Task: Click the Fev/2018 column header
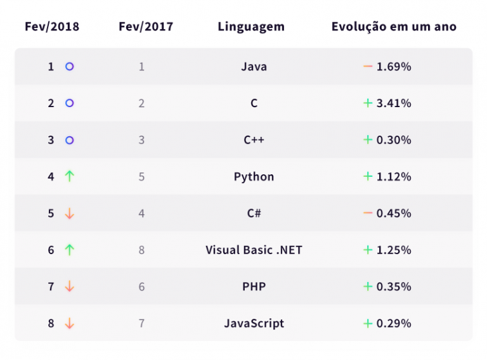click(52, 27)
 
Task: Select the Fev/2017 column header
click(145, 27)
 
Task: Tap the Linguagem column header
click(251, 27)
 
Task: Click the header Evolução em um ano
click(394, 27)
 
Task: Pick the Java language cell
click(254, 67)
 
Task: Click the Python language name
click(254, 177)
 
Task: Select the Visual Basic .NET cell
click(254, 250)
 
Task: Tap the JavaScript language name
click(254, 323)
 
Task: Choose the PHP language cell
click(254, 286)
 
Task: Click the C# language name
click(254, 214)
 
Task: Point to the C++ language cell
click(254, 140)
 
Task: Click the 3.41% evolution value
click(394, 103)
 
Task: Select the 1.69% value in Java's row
click(394, 67)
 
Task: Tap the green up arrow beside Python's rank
click(70, 177)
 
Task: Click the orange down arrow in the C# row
click(70, 214)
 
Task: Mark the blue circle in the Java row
click(70, 67)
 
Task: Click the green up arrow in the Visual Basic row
click(70, 250)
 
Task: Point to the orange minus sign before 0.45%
click(367, 214)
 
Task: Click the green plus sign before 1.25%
click(367, 250)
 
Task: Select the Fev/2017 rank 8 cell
click(141, 250)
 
